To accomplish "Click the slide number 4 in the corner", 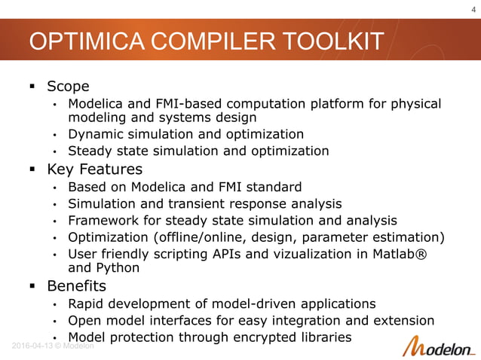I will coord(470,9).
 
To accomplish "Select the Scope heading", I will coord(68,86).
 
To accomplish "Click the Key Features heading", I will coord(94,169).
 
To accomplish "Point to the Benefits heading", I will coord(76,286).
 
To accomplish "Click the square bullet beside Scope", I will coord(33,87).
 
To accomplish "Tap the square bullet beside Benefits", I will coord(33,287).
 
